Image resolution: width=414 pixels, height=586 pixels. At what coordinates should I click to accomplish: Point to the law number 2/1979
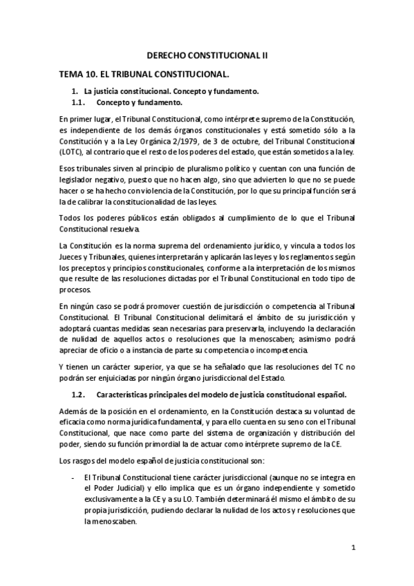coord(201,142)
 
